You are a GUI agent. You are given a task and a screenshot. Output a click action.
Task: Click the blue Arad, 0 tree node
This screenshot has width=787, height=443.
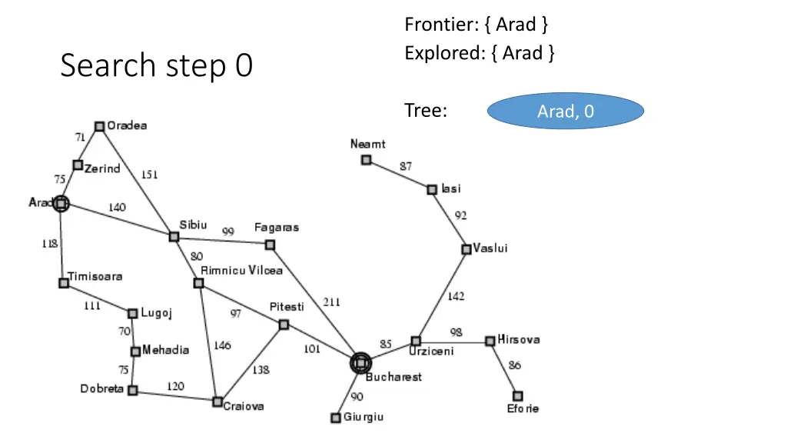click(x=565, y=112)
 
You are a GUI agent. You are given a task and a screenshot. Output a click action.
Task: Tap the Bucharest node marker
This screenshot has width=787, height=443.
click(x=360, y=363)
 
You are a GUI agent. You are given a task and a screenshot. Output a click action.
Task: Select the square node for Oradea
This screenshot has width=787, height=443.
click(x=99, y=126)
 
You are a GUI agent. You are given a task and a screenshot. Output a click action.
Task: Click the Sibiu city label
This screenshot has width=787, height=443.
click(x=193, y=225)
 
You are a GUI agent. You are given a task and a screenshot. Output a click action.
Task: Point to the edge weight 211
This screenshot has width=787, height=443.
click(x=331, y=302)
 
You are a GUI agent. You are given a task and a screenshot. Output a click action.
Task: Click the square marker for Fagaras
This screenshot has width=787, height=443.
click(x=270, y=245)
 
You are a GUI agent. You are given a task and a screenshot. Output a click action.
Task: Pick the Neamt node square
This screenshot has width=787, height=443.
click(x=367, y=160)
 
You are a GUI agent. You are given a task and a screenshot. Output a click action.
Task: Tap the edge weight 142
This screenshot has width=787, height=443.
click(x=456, y=296)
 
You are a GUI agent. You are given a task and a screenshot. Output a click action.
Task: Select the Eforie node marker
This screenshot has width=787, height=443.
click(x=517, y=395)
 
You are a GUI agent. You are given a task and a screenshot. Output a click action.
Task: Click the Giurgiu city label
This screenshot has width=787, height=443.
click(x=364, y=417)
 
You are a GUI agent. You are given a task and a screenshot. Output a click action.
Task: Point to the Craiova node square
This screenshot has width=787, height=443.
click(x=218, y=401)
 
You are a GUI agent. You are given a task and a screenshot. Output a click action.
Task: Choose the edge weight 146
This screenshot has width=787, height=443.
click(x=221, y=345)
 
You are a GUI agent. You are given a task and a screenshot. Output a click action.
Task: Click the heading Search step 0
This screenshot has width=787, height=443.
click(x=156, y=66)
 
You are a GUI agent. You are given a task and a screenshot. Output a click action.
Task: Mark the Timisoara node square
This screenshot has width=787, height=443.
click(x=64, y=283)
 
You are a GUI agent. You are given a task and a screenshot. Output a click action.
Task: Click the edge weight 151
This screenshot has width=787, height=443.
click(x=149, y=175)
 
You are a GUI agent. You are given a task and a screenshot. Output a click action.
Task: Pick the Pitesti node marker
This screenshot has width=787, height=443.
click(x=284, y=325)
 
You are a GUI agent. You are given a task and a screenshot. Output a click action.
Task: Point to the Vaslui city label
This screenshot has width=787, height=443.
click(x=490, y=248)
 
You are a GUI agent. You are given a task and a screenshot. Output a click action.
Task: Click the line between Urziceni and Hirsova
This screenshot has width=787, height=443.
click(x=453, y=341)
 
